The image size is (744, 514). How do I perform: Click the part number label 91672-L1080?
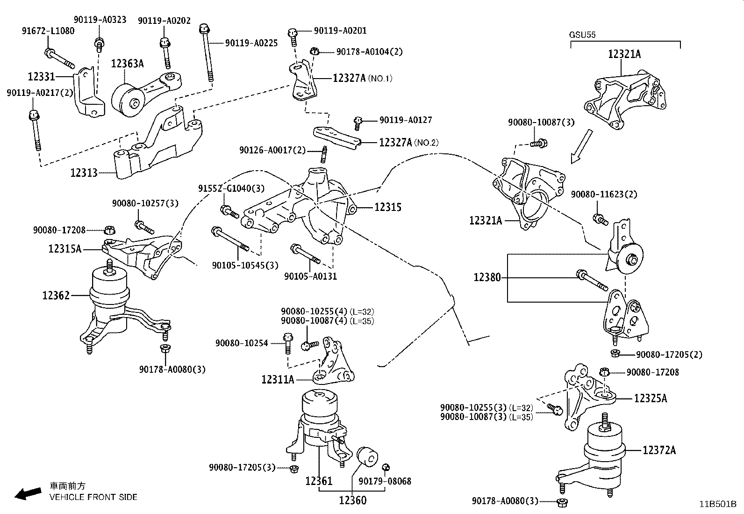48,31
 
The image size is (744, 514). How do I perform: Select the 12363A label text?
127,64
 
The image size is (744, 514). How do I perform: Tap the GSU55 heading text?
582,35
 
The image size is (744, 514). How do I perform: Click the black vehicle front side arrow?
27,493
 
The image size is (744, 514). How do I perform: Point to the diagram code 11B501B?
717,504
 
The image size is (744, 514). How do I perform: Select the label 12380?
487,277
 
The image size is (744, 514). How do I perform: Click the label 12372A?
659,450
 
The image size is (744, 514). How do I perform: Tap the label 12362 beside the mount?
56,295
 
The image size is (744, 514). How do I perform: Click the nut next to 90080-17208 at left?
110,230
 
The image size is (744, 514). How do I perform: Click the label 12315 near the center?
387,207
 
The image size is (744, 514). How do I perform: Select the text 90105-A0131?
310,276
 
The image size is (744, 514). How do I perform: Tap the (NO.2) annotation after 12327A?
426,143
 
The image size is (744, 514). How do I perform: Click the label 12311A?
278,379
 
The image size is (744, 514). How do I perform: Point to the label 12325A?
650,398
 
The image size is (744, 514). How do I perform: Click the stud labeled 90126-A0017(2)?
323,154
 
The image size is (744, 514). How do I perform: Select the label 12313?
84,173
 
